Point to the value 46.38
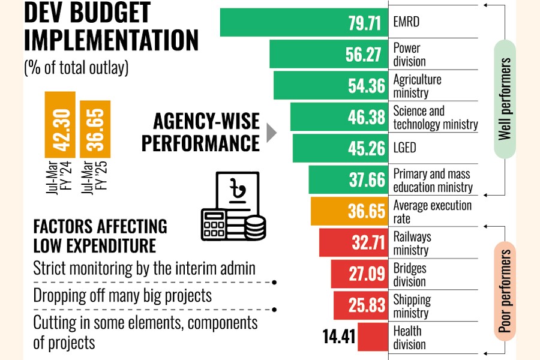click(367, 117)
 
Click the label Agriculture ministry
click(417, 86)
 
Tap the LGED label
click(404, 148)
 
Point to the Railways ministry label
click(412, 243)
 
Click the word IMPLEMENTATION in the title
click(111, 40)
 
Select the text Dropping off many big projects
click(122, 296)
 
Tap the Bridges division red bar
click(357, 274)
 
